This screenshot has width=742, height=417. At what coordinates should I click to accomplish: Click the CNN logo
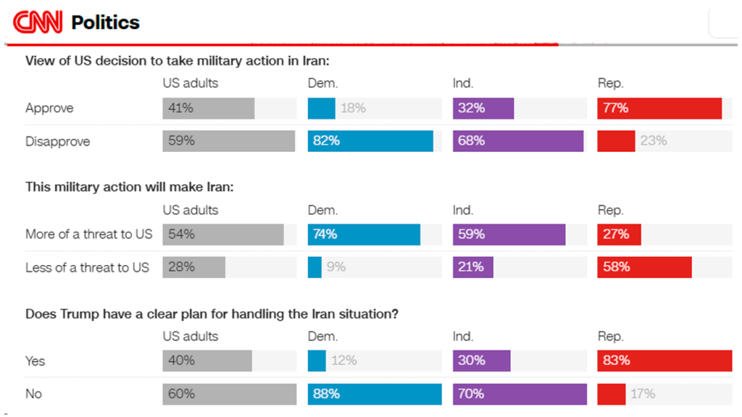[x=38, y=22]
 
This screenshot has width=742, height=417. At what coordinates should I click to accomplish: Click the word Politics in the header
[x=105, y=22]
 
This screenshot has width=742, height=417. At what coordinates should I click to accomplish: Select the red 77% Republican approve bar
[x=659, y=109]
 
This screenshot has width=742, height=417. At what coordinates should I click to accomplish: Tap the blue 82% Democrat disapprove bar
[x=370, y=141]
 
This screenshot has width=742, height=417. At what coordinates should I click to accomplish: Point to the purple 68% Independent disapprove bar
[x=518, y=141]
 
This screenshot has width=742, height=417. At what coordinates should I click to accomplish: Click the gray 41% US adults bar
[x=209, y=109]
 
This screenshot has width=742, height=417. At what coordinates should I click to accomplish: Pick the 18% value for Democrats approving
[x=354, y=109]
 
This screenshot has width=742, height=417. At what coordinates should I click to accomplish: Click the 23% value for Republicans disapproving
[x=654, y=141]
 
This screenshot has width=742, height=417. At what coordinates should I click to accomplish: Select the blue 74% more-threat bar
[x=364, y=235]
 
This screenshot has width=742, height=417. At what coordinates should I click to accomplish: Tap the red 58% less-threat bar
[x=644, y=267]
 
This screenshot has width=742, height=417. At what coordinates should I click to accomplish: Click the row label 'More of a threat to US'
[x=89, y=235]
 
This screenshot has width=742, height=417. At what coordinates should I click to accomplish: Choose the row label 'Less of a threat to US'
[x=88, y=267]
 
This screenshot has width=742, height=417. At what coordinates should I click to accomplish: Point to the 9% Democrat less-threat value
[x=336, y=267]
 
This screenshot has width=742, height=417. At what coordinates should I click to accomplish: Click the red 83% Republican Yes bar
[x=664, y=361]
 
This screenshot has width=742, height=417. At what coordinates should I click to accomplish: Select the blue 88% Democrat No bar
[x=375, y=394]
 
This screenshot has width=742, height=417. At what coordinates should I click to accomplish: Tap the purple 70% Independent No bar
[x=520, y=394]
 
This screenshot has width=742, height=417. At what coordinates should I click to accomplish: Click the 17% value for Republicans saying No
[x=643, y=394]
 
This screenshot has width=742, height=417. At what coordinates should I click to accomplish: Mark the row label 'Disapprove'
[x=58, y=141]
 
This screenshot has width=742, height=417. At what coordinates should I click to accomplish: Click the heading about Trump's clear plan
[x=212, y=315]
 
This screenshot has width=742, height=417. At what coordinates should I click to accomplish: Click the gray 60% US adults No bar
[x=230, y=394]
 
